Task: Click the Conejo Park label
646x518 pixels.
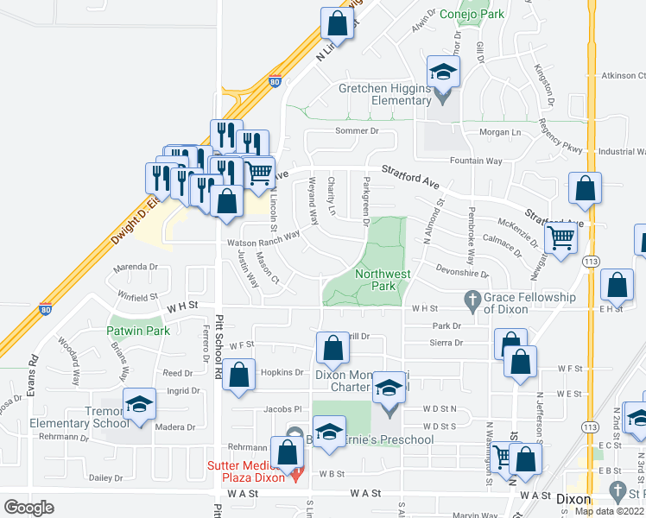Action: click(x=472, y=14)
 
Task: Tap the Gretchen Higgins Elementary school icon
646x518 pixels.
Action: click(x=441, y=72)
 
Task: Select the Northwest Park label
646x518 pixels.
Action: click(x=381, y=280)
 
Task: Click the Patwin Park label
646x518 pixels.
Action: click(x=138, y=331)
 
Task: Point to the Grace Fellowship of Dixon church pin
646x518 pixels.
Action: click(x=472, y=299)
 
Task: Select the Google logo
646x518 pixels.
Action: click(x=28, y=507)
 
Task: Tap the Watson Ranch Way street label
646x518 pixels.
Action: click(x=263, y=237)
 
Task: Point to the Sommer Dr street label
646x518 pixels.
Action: click(x=357, y=130)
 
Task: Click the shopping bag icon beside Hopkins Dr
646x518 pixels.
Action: click(x=241, y=375)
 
